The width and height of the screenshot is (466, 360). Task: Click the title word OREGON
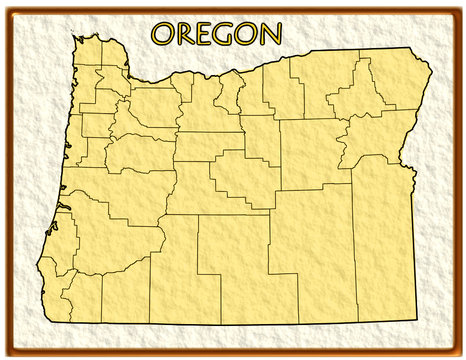click(216, 34)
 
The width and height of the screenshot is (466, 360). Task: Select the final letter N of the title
click(269, 34)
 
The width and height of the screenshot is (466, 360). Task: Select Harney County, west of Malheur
click(310, 240)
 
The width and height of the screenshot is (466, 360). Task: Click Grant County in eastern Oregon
click(310, 150)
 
